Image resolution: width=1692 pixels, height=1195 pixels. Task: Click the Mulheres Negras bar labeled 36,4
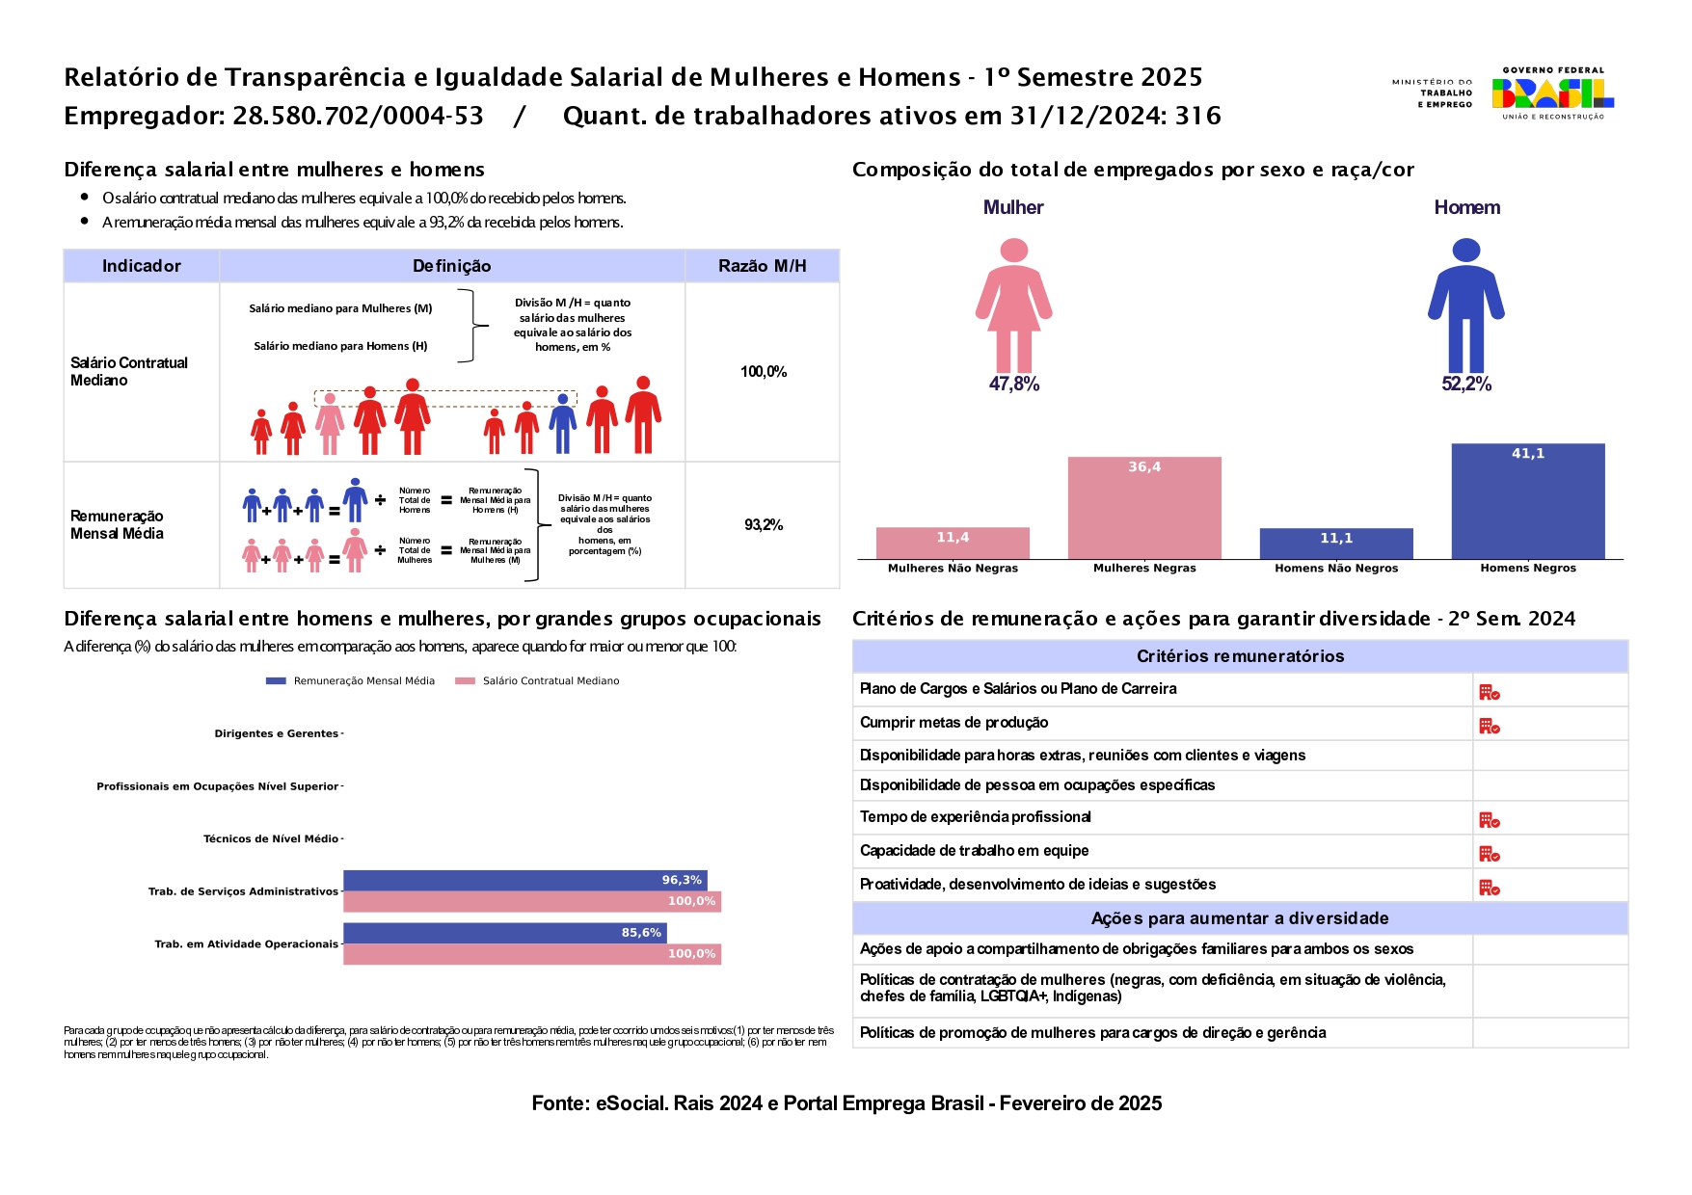coord(1144,508)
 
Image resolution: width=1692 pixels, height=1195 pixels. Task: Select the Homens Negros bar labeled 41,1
coord(1528,501)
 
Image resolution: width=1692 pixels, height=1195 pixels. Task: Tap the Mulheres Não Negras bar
coord(953,543)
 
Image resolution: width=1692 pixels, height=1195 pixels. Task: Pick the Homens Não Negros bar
coord(1336,544)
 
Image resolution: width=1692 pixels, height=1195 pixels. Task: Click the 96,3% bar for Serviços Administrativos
coord(525,880)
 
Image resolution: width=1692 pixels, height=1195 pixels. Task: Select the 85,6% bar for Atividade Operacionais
coord(505,933)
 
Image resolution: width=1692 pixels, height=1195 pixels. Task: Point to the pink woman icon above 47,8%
coord(1013,305)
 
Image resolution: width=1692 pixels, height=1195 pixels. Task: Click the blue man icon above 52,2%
coord(1466,305)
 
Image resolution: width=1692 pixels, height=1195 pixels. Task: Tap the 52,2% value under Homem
coord(1466,385)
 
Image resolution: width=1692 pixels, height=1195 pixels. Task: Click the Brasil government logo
coord(1553,93)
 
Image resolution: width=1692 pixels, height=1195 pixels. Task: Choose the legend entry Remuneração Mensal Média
coord(350,681)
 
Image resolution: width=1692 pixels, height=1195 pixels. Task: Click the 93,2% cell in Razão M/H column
coord(764,525)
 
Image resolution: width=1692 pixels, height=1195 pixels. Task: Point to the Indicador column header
coord(142,266)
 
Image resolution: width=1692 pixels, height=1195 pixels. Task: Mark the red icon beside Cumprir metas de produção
coord(1490,726)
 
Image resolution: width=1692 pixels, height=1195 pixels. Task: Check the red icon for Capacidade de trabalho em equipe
coord(1490,854)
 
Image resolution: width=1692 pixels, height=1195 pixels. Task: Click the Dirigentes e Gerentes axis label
coord(277,733)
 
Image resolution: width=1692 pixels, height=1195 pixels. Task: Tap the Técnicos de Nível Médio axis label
coord(271,838)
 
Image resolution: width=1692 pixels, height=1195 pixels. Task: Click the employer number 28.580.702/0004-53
coord(358,117)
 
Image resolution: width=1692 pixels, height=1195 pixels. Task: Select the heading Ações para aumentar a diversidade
coord(1240,918)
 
